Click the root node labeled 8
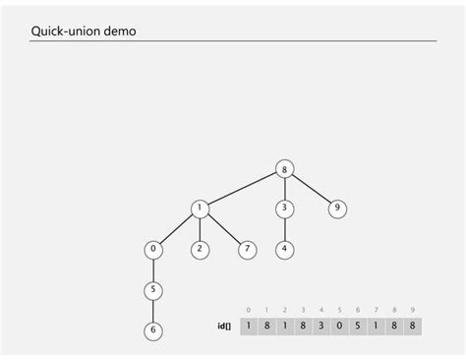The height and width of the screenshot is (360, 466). (284, 168)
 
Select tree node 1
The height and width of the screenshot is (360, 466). (200, 209)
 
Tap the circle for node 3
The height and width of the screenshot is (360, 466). (284, 209)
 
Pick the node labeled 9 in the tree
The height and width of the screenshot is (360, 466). (337, 209)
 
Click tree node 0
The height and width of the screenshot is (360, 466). (152, 249)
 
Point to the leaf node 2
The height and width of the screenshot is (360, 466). (200, 249)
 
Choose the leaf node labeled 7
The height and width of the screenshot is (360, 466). (247, 249)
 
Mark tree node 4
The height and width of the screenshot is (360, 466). (284, 249)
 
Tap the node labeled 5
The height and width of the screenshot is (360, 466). (152, 290)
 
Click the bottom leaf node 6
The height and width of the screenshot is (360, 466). (152, 330)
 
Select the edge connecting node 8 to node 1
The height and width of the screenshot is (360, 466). (242, 188)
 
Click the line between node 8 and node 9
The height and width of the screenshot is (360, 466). (311, 188)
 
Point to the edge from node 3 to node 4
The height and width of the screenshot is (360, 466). (284, 229)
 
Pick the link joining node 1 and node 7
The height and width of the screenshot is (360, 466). (223, 229)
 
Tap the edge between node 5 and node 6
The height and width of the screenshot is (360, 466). (152, 311)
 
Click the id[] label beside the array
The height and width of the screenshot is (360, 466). (224, 325)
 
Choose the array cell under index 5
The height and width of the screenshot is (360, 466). (340, 325)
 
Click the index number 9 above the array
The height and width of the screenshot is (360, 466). (412, 310)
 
